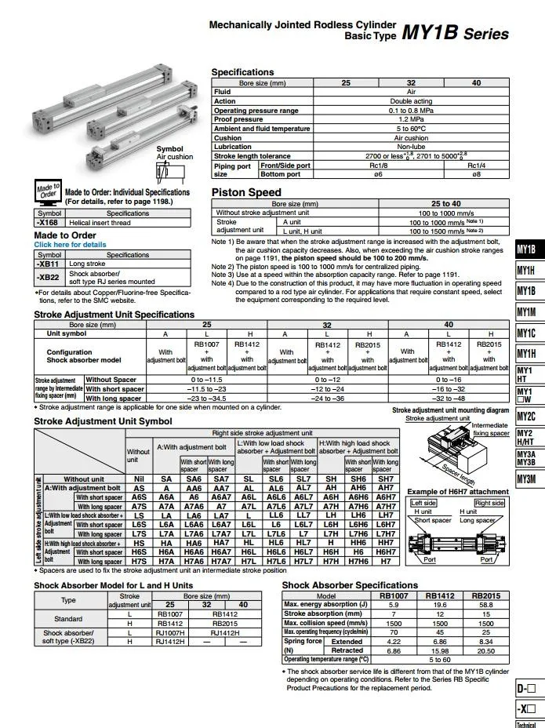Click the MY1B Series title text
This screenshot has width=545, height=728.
point(455,34)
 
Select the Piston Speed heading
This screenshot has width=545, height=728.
point(246,192)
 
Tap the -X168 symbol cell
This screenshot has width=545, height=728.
point(48,222)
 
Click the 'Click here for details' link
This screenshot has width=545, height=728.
point(70,245)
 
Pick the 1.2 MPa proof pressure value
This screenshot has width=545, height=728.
point(411,119)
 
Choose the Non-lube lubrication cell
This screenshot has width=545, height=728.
point(411,147)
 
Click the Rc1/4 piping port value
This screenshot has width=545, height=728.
point(476,166)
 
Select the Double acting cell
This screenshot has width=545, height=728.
point(411,101)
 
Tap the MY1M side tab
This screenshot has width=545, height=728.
point(526,311)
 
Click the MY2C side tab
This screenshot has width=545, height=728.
point(526,417)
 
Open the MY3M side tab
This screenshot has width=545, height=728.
point(526,479)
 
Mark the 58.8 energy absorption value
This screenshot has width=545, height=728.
point(486,605)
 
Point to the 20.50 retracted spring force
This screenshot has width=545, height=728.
point(486,651)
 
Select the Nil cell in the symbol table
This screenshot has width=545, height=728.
point(139,479)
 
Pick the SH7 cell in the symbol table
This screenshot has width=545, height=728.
point(386,479)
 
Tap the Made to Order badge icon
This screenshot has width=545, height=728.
point(47,191)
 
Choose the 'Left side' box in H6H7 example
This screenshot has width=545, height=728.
point(423,503)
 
